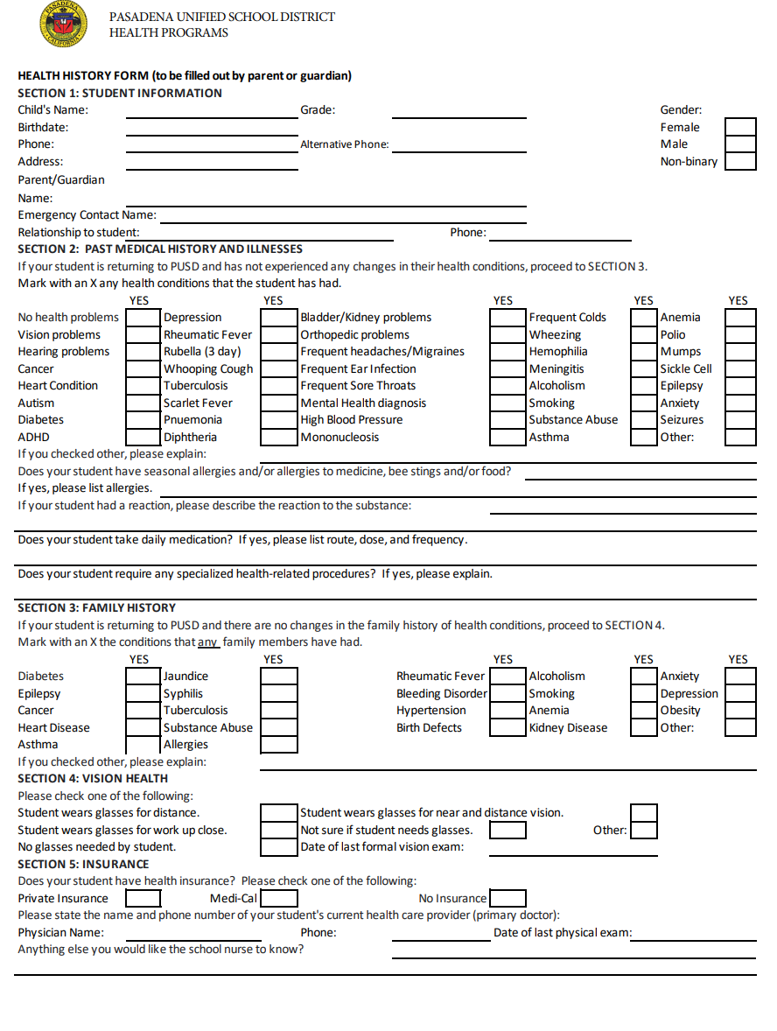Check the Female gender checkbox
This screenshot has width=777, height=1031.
point(740,127)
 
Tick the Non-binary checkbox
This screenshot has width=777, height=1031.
point(740,161)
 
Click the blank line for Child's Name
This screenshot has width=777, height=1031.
point(212,111)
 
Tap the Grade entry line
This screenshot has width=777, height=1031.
point(458,111)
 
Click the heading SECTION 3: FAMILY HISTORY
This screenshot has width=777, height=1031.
point(97,607)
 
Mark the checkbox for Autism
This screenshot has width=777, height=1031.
point(143,403)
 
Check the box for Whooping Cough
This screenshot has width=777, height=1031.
point(279,369)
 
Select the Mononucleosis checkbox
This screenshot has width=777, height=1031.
point(507,438)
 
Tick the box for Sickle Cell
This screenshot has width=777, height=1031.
point(740,369)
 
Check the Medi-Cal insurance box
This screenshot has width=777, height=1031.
point(279,898)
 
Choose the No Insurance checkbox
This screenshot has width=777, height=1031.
point(507,898)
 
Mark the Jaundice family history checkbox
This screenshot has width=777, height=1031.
point(279,677)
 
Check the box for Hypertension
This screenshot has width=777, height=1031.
point(507,711)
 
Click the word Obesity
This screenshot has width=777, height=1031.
point(680,711)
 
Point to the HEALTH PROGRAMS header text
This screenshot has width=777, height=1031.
point(168,33)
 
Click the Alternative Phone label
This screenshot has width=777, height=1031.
point(344,144)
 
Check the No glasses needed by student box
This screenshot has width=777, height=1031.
point(279,847)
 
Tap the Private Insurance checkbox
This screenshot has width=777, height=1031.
point(143,898)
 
